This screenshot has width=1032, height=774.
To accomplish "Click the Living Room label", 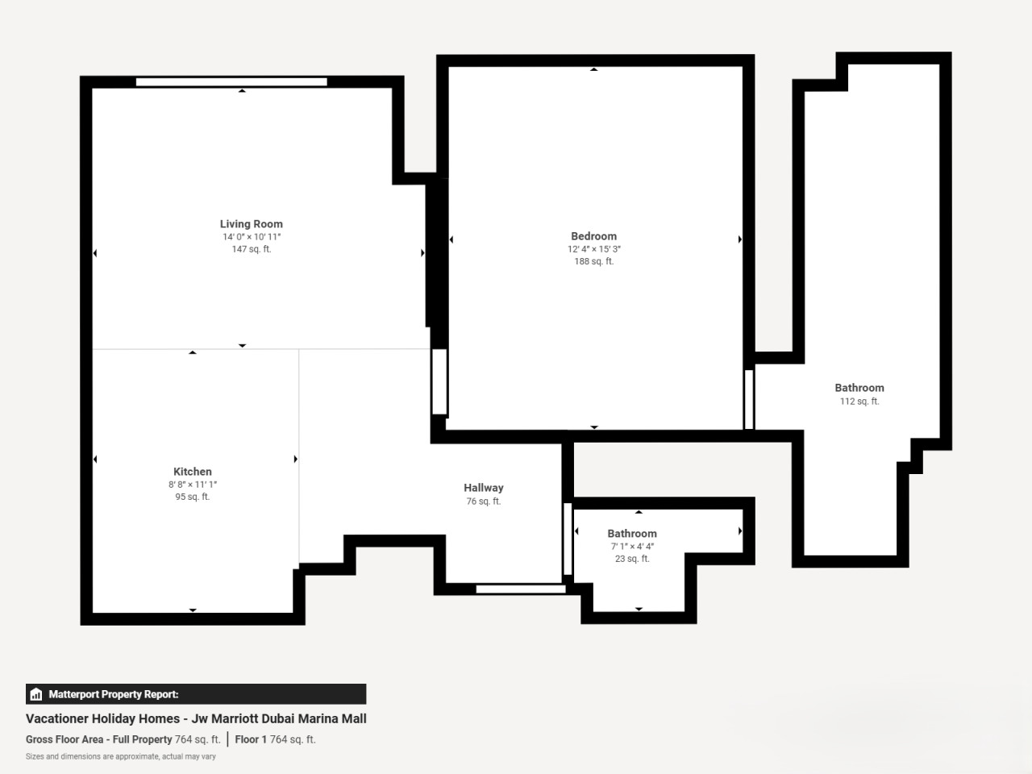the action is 251,224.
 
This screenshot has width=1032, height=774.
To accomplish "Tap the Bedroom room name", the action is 593,236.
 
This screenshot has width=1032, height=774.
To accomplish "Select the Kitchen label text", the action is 193,472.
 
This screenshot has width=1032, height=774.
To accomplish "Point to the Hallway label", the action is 483,488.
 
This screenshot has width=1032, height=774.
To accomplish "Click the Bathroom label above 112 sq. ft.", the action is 859,388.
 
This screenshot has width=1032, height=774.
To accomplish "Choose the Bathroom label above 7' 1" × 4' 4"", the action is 632,534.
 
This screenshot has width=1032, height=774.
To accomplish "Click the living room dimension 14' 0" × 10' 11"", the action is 252,237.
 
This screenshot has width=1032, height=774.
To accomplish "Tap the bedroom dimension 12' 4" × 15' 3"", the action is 594,249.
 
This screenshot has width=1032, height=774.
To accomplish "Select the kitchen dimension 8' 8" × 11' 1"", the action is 193,485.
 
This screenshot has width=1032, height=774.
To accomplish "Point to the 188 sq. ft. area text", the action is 594,261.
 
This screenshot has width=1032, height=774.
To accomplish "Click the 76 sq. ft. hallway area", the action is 483,501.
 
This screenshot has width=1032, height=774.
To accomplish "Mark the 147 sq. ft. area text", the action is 252,249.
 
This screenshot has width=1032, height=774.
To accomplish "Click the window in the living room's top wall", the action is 231,82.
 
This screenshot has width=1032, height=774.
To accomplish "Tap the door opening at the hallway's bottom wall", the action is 521,589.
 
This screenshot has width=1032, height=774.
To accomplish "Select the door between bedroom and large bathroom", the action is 748,399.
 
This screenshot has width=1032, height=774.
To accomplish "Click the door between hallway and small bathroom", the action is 568,539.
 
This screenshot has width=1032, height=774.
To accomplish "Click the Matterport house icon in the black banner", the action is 35,694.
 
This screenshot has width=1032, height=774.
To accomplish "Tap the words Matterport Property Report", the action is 114,694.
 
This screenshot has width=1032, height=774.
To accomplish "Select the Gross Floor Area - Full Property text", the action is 98,739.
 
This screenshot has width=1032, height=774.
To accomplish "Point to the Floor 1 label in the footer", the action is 251,739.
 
